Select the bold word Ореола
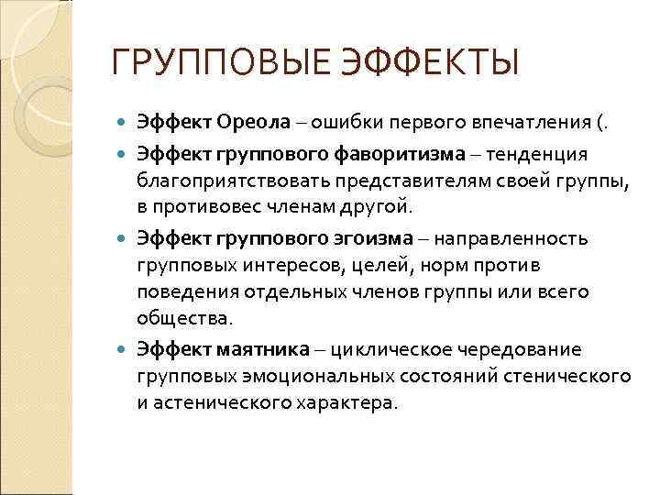click(x=253, y=122)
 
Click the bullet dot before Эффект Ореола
click(x=124, y=122)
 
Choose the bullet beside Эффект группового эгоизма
click(x=124, y=240)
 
